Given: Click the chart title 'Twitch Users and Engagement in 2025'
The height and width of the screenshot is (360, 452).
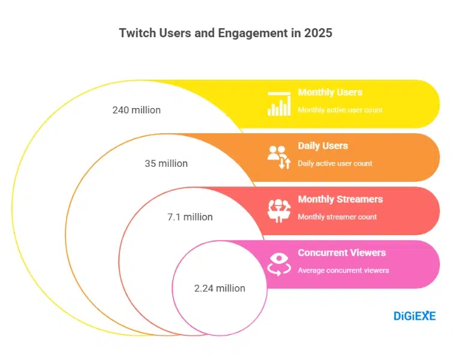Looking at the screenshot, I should pos(226,33).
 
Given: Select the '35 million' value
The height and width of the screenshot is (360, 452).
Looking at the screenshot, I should pos(166,163).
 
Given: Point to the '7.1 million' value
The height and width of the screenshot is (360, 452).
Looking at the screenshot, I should pos(190,217).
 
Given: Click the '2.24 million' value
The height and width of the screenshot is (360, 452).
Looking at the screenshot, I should pos(220,288).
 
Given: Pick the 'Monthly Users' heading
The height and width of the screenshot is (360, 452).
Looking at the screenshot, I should pos(330,92).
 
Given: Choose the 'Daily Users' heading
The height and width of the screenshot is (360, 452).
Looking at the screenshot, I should pos(322,146).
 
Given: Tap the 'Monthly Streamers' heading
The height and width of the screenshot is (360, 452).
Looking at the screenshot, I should pos(340,199).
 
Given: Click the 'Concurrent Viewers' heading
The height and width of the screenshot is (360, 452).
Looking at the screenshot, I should pos(342,253).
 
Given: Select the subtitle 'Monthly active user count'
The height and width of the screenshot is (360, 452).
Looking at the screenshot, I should pos(340,110).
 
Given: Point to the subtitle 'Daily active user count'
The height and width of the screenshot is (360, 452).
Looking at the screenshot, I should pos(335,163).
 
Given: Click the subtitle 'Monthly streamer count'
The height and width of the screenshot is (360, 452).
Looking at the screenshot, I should pos(337,217).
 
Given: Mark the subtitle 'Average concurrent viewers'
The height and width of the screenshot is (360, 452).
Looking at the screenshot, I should pos(343,270).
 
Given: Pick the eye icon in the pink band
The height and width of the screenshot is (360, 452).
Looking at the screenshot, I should pos(279,263).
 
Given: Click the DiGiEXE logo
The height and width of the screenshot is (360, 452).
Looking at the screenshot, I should pos(414,316).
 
